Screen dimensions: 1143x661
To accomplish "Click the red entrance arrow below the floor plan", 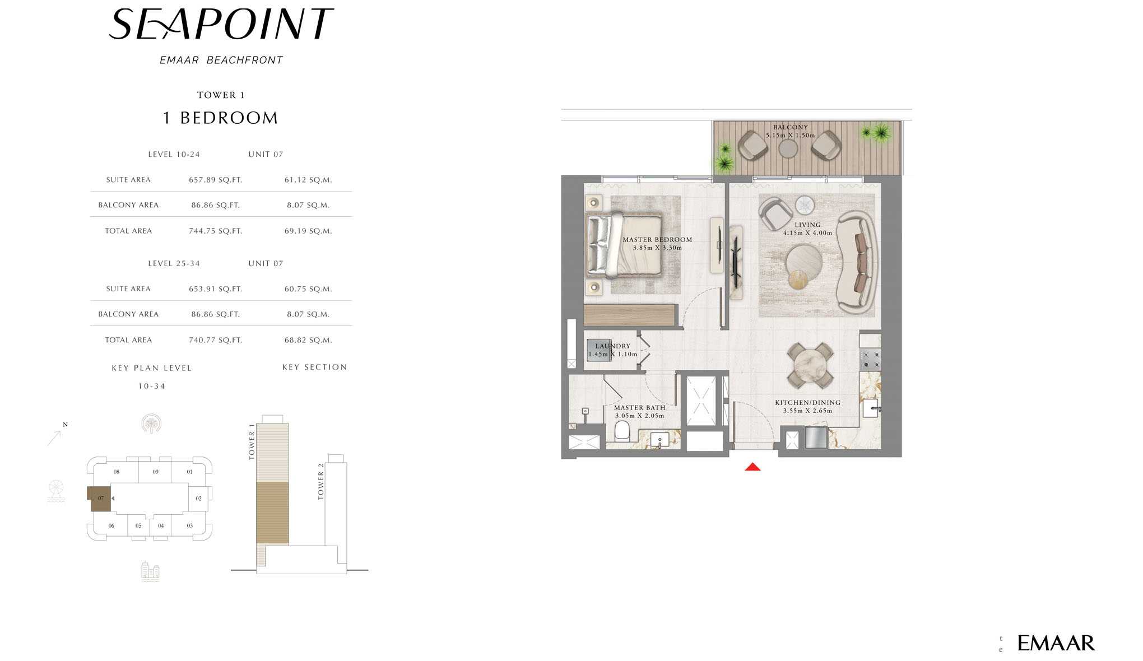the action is [752, 467].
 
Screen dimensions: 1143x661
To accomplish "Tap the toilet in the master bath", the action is [622, 431].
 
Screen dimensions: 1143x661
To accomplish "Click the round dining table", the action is [807, 365].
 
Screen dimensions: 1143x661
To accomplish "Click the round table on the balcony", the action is [788, 148].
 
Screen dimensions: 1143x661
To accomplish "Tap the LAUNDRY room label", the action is [612, 346].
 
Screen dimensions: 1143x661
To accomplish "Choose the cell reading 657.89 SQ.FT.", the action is [216, 180].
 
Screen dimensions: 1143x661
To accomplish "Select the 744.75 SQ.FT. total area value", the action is [216, 231].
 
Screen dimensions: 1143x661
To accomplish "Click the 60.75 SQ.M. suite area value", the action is [308, 289].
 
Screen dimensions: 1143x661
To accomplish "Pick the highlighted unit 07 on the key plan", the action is [100, 498].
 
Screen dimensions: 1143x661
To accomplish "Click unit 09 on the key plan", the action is [155, 472].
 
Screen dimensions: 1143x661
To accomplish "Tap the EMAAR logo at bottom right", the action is [1056, 643].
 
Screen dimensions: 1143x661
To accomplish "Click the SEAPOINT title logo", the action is [221, 25].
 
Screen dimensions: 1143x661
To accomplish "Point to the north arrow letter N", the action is [65, 425].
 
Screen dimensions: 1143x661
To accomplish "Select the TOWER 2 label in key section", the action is [321, 481].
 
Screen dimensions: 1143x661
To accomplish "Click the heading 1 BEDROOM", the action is [220, 118].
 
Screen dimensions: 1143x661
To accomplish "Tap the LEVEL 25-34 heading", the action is [174, 263].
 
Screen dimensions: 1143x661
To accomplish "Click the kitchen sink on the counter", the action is [871, 408].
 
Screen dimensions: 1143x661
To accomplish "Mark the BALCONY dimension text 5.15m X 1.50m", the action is [790, 135].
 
